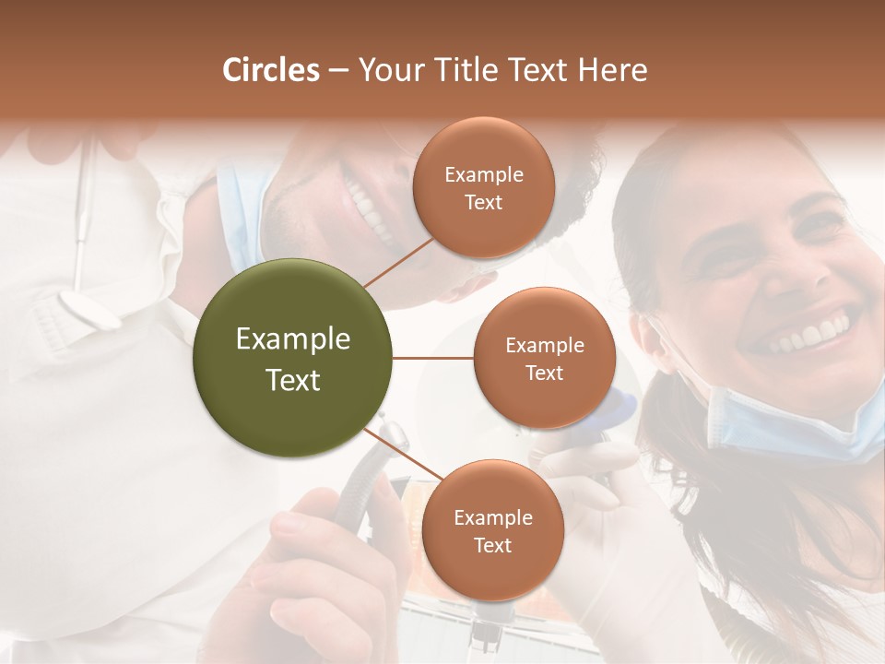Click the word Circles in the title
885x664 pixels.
270,70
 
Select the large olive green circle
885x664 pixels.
292,358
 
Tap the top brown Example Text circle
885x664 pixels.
483,188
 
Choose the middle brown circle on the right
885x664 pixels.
544,358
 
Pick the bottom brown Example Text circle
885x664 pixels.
492,530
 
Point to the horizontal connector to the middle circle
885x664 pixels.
433,358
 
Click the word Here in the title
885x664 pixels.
612,70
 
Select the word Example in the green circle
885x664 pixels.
292,339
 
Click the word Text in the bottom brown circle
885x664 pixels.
492,545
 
